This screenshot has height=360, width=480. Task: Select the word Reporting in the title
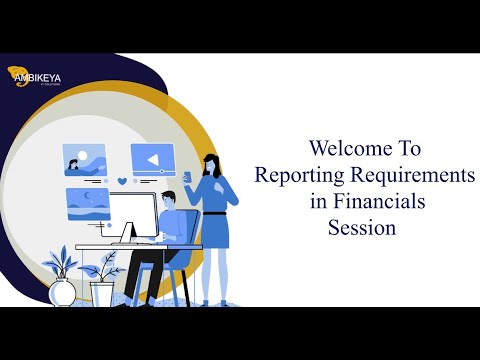coord(299,175)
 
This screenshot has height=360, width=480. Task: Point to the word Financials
coord(380,201)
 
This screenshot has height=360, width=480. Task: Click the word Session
coord(362,227)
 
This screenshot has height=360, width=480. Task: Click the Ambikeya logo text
coord(42,73)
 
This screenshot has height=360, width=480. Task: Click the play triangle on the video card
coord(152,158)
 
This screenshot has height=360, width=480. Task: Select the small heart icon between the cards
coord(122,181)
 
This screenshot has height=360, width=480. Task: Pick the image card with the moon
coord(87,202)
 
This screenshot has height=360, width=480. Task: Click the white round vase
coord(62,291)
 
